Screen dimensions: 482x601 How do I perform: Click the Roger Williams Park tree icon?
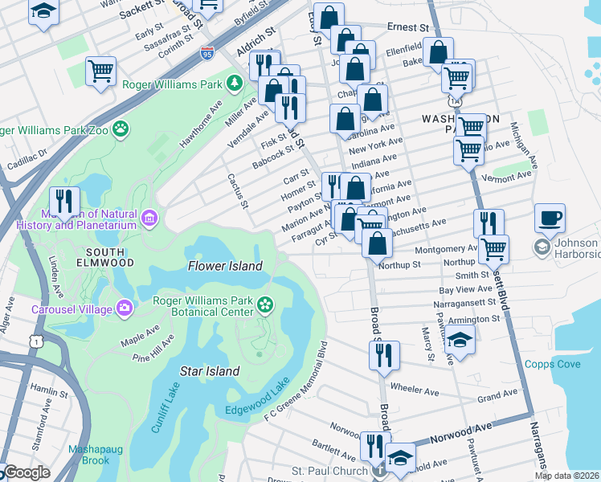click(x=234, y=82)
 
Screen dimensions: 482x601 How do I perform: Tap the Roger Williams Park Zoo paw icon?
click(x=121, y=128)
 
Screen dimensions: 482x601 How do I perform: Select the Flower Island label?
click(x=225, y=266)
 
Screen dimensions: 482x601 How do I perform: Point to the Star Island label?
click(x=209, y=371)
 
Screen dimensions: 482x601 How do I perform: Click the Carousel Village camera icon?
click(x=125, y=307)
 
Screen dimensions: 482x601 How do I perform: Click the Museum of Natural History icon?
click(x=149, y=218)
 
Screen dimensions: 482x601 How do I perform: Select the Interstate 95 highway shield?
click(x=206, y=55)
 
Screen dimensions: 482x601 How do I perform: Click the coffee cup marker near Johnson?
click(x=550, y=218)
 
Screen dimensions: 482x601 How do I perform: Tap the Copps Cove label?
click(x=552, y=364)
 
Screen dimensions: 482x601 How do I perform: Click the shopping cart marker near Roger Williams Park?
click(x=101, y=71)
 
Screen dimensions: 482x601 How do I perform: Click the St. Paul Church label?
click(x=329, y=470)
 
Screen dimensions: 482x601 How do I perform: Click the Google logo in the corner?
click(x=26, y=472)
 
